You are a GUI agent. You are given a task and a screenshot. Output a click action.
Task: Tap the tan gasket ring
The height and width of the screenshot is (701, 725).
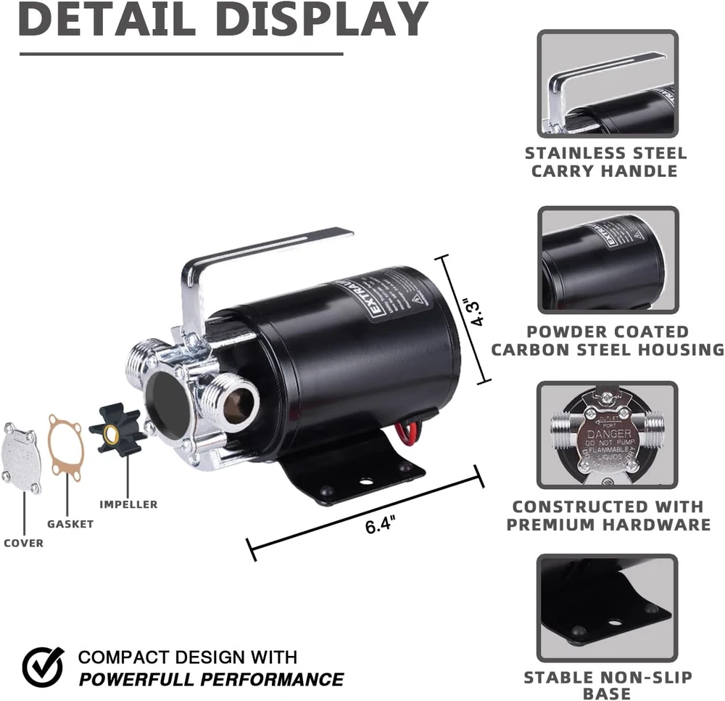(66, 447)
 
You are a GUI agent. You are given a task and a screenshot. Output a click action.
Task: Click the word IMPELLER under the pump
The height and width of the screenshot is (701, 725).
(128, 504)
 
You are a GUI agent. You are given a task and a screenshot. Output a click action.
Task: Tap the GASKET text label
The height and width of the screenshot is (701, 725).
(70, 523)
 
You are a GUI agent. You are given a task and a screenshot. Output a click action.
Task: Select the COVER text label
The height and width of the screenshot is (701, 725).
(23, 543)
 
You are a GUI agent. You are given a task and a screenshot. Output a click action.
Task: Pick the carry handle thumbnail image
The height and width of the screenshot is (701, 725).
(608, 83)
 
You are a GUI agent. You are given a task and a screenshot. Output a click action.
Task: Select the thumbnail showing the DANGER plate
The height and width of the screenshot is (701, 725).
(608, 435)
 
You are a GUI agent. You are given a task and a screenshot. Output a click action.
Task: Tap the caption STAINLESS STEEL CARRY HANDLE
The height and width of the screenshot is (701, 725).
(605, 162)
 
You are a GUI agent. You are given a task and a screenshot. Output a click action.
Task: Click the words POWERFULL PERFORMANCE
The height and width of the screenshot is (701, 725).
(211, 679)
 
